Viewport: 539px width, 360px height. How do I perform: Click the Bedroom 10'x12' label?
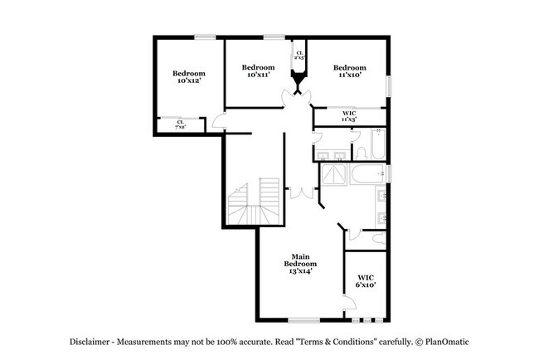(189, 77)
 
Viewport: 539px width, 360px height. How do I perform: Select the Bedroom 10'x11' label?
(258, 71)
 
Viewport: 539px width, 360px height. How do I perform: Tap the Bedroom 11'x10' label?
(349, 71)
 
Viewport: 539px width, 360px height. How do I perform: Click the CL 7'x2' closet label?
(180, 124)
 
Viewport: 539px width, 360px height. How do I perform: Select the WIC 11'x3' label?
(348, 118)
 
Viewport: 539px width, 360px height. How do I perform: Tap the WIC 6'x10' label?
(367, 281)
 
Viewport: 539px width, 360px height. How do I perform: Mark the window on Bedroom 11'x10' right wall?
(388, 87)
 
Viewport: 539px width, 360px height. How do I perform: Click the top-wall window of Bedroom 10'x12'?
(205, 36)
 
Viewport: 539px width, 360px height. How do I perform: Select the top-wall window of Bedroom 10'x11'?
(274, 36)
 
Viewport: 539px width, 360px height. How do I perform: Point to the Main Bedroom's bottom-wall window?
(304, 320)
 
